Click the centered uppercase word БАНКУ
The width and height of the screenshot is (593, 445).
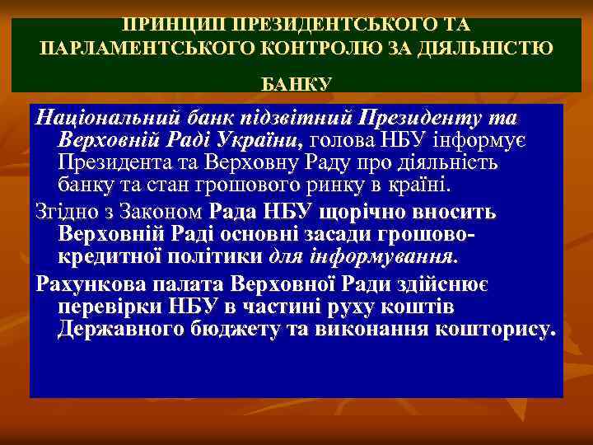tap(296, 84)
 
